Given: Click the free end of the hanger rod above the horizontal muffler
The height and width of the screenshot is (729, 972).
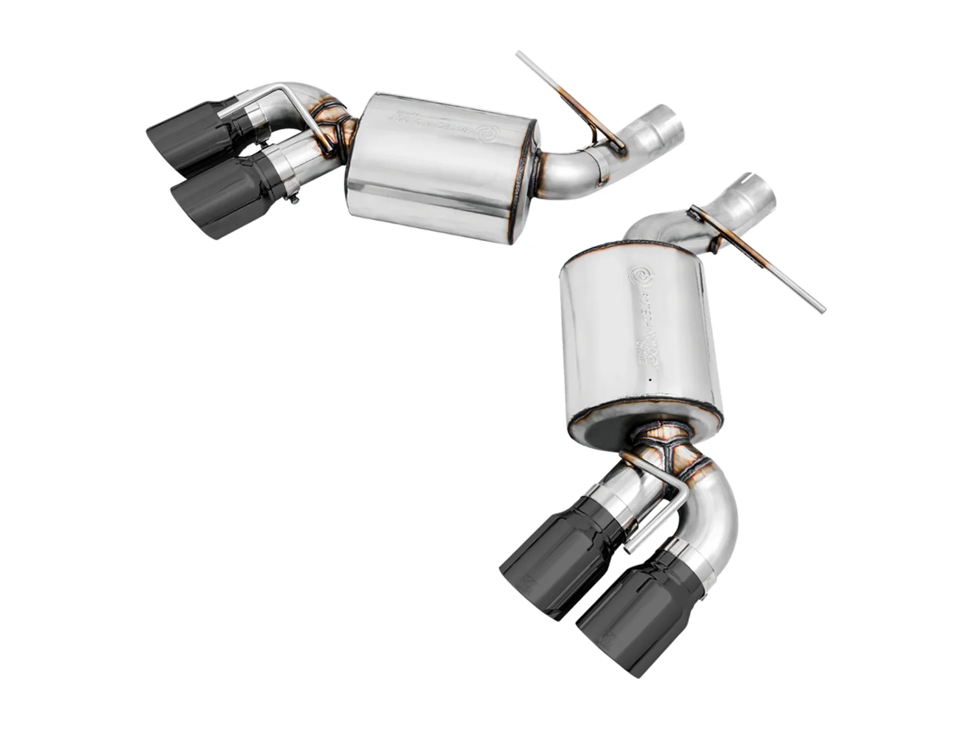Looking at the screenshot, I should point(520,56).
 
